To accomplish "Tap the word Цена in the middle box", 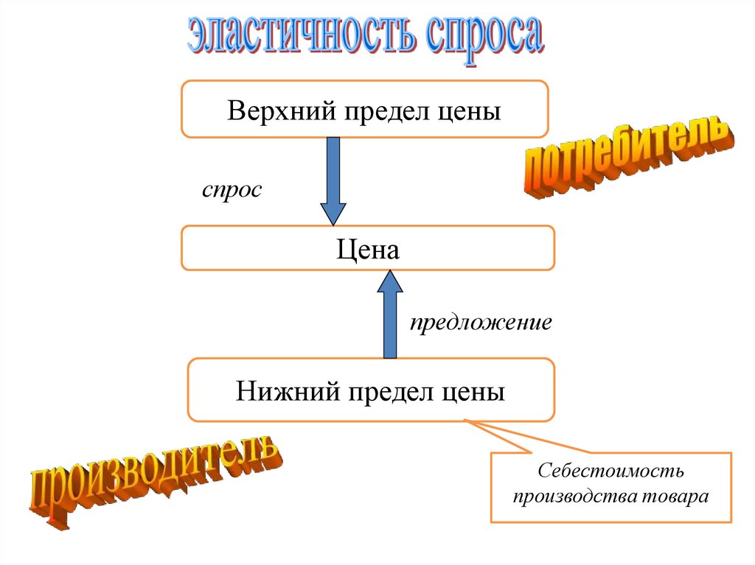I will [x=368, y=249].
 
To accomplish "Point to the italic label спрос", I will [x=232, y=189].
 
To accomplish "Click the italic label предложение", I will [x=481, y=323].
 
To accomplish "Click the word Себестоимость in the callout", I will [x=611, y=470].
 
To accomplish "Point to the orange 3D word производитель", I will [x=154, y=480].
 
